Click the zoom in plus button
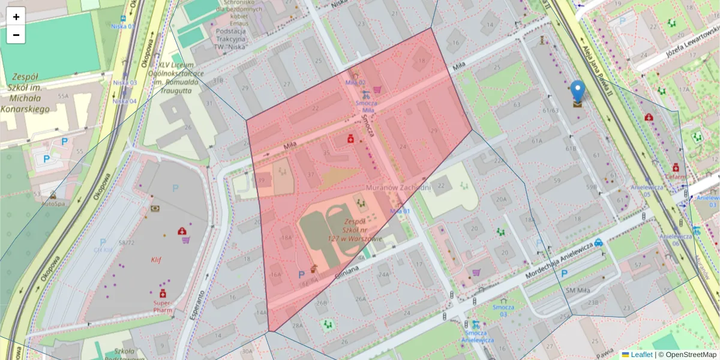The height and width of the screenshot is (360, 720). coord(16,17)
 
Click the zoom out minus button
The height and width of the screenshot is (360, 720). coord(16,35)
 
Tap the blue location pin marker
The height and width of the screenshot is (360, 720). coord(577,92)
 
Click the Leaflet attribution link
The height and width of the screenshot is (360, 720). coord(641,355)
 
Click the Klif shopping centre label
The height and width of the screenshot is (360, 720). coord(156,260)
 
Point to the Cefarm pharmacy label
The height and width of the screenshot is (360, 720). coord(674,176)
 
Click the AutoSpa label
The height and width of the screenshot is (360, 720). coord(53,203)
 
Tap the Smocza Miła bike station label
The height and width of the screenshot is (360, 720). coord(365,106)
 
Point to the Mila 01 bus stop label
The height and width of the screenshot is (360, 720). coord(400,211)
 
